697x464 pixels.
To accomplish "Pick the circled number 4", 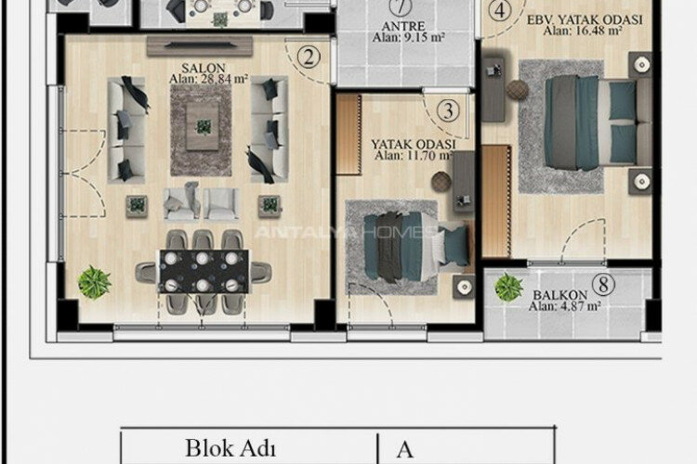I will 501,11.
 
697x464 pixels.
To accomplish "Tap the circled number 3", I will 448,111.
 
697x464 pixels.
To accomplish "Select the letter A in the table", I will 404,450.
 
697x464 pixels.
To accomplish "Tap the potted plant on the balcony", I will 509,287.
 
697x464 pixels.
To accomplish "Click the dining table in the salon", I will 204,272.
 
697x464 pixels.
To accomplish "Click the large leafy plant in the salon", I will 95,281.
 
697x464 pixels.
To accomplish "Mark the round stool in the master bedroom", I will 518,90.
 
